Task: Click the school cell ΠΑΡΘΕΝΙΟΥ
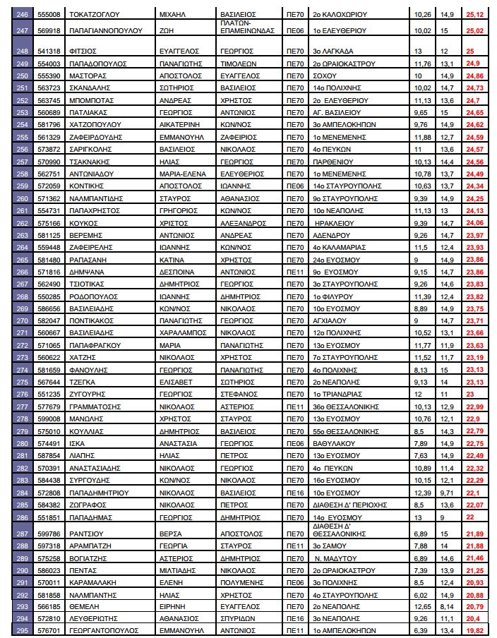coord(334,162)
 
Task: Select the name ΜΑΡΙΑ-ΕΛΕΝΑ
coord(180,174)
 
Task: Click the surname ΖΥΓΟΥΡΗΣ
coord(91,394)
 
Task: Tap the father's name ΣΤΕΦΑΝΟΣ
coord(236,394)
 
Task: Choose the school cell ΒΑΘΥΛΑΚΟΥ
coord(335,443)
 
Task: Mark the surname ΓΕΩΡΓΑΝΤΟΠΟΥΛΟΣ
coord(109,630)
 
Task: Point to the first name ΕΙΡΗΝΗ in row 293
coord(170,606)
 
